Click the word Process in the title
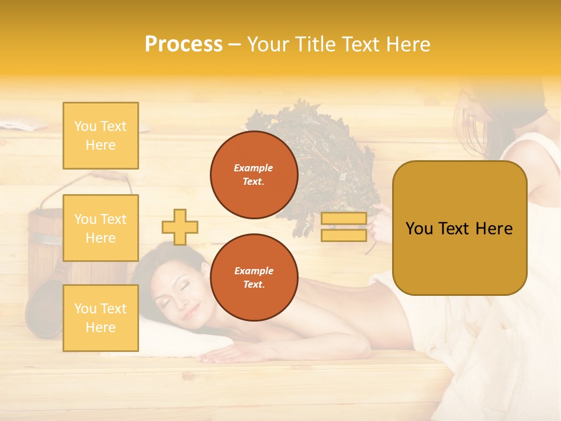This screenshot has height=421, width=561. click(183, 44)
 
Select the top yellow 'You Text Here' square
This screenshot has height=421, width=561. click(101, 136)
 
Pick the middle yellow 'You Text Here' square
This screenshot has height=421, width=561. click(101, 228)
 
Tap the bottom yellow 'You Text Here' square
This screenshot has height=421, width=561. click(101, 318)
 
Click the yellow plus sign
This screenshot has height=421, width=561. click(180, 227)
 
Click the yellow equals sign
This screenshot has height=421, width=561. click(344, 227)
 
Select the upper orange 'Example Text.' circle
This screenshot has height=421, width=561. click(254, 175)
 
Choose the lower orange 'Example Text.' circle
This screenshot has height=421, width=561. click(254, 277)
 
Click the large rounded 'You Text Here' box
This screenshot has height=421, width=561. click(459, 228)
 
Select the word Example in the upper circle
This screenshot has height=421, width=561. click(254, 168)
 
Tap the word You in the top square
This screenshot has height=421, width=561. click(85, 126)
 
